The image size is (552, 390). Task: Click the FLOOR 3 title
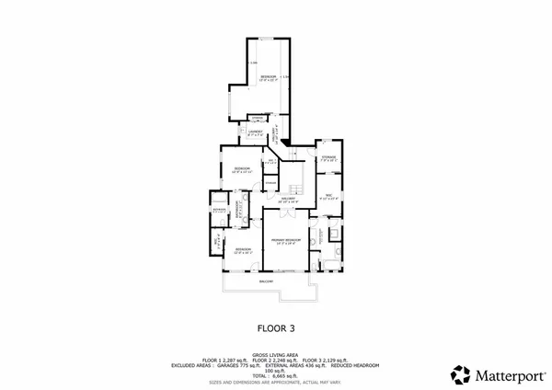(275, 327)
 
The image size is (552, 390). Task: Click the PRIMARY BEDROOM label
(285, 241)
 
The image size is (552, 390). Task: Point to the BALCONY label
(265, 280)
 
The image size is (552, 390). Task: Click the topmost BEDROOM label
(268, 76)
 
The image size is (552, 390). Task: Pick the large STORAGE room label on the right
(328, 159)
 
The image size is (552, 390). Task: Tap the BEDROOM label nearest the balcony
(243, 249)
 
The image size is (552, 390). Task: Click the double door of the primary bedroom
(285, 212)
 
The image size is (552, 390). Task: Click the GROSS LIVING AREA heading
(275, 352)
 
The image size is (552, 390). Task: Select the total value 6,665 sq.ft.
(276, 376)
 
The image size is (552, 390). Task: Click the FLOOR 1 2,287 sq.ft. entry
(224, 359)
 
